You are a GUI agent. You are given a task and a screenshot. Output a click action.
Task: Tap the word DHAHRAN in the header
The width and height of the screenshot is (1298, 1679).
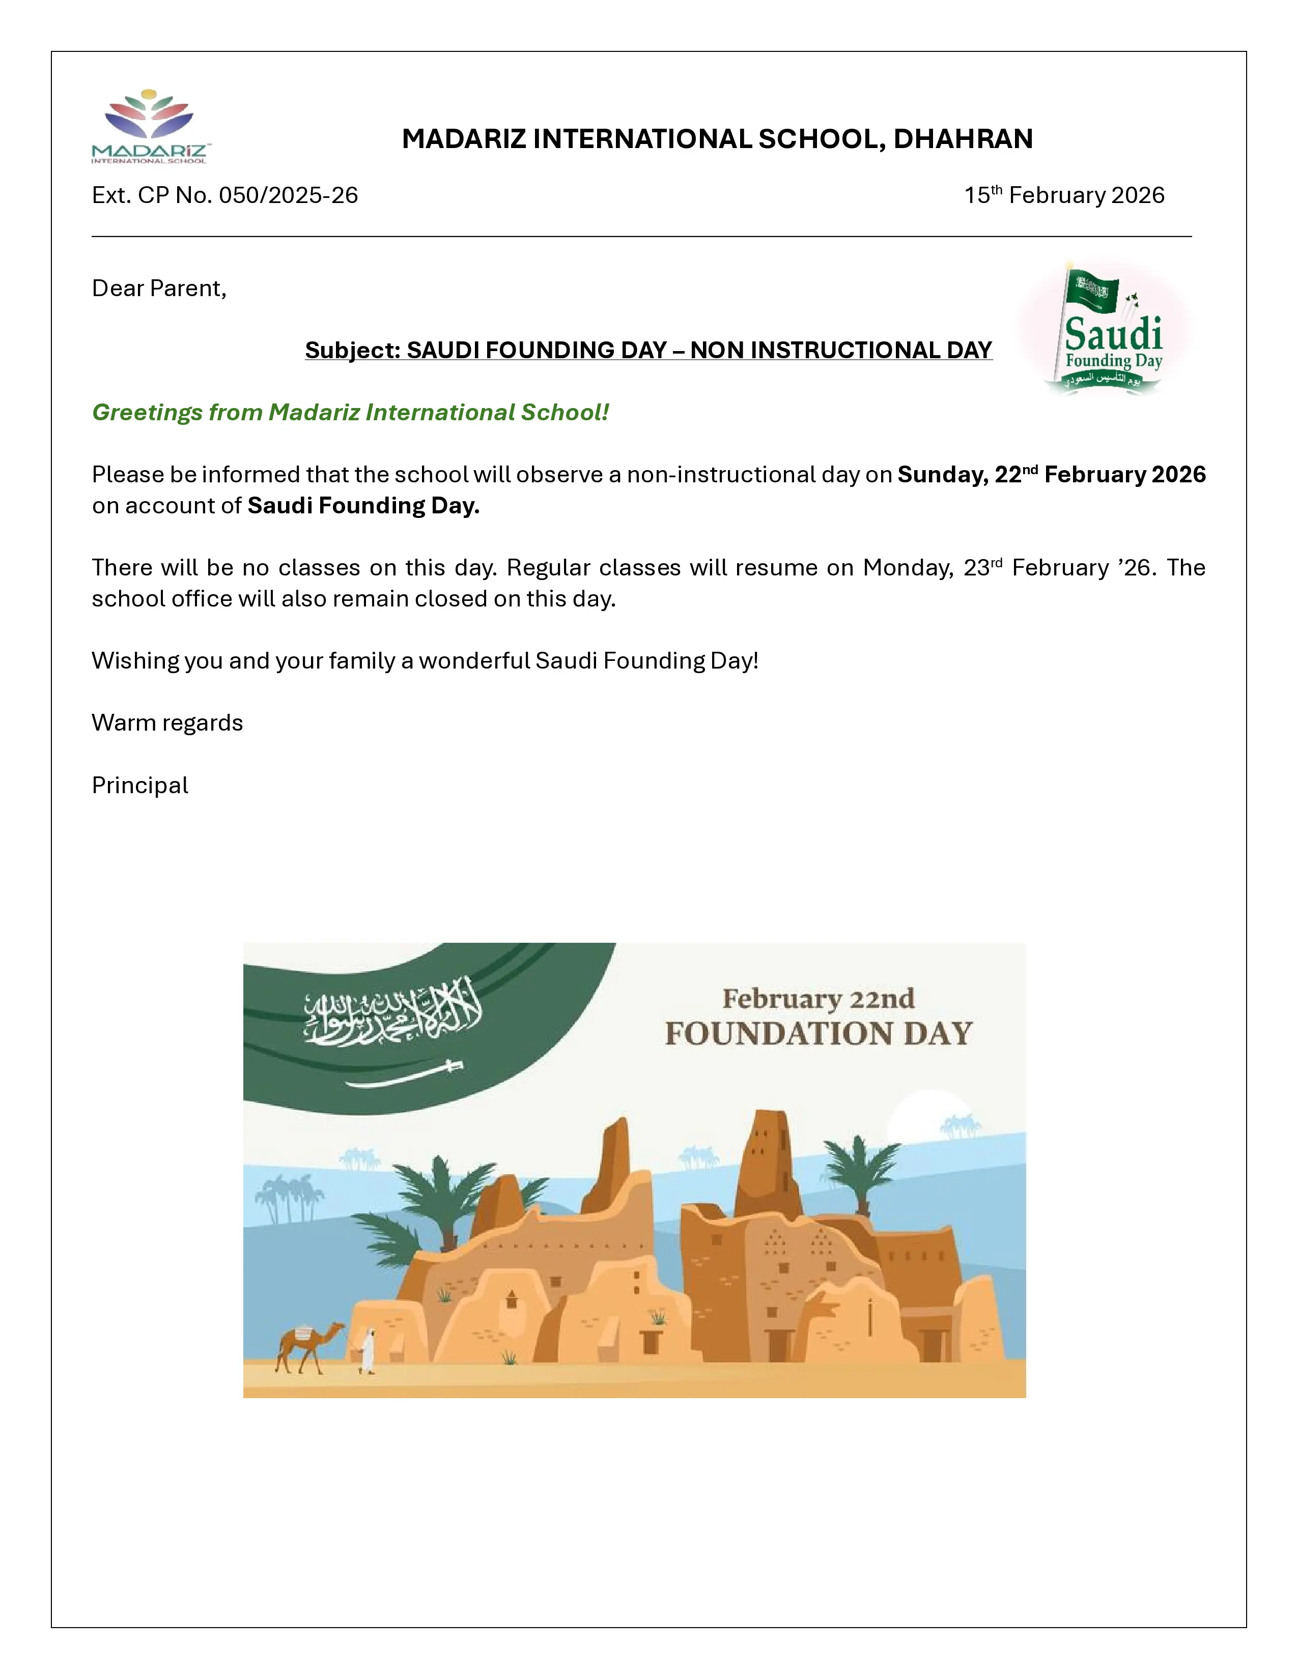tap(963, 139)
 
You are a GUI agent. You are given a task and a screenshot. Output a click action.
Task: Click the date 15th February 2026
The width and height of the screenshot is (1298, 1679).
tap(1064, 195)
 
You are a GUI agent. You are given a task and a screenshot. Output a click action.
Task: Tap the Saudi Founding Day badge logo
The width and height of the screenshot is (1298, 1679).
tap(1107, 331)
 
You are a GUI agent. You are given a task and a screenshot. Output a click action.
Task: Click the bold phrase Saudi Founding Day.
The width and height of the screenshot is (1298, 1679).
tap(363, 506)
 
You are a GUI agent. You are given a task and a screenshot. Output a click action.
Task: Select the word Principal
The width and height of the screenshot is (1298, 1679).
tap(140, 786)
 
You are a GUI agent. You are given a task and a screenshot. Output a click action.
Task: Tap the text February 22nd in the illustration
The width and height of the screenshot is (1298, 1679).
tap(818, 999)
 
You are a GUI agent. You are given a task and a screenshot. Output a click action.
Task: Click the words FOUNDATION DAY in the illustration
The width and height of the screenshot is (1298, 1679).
tap(818, 1034)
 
